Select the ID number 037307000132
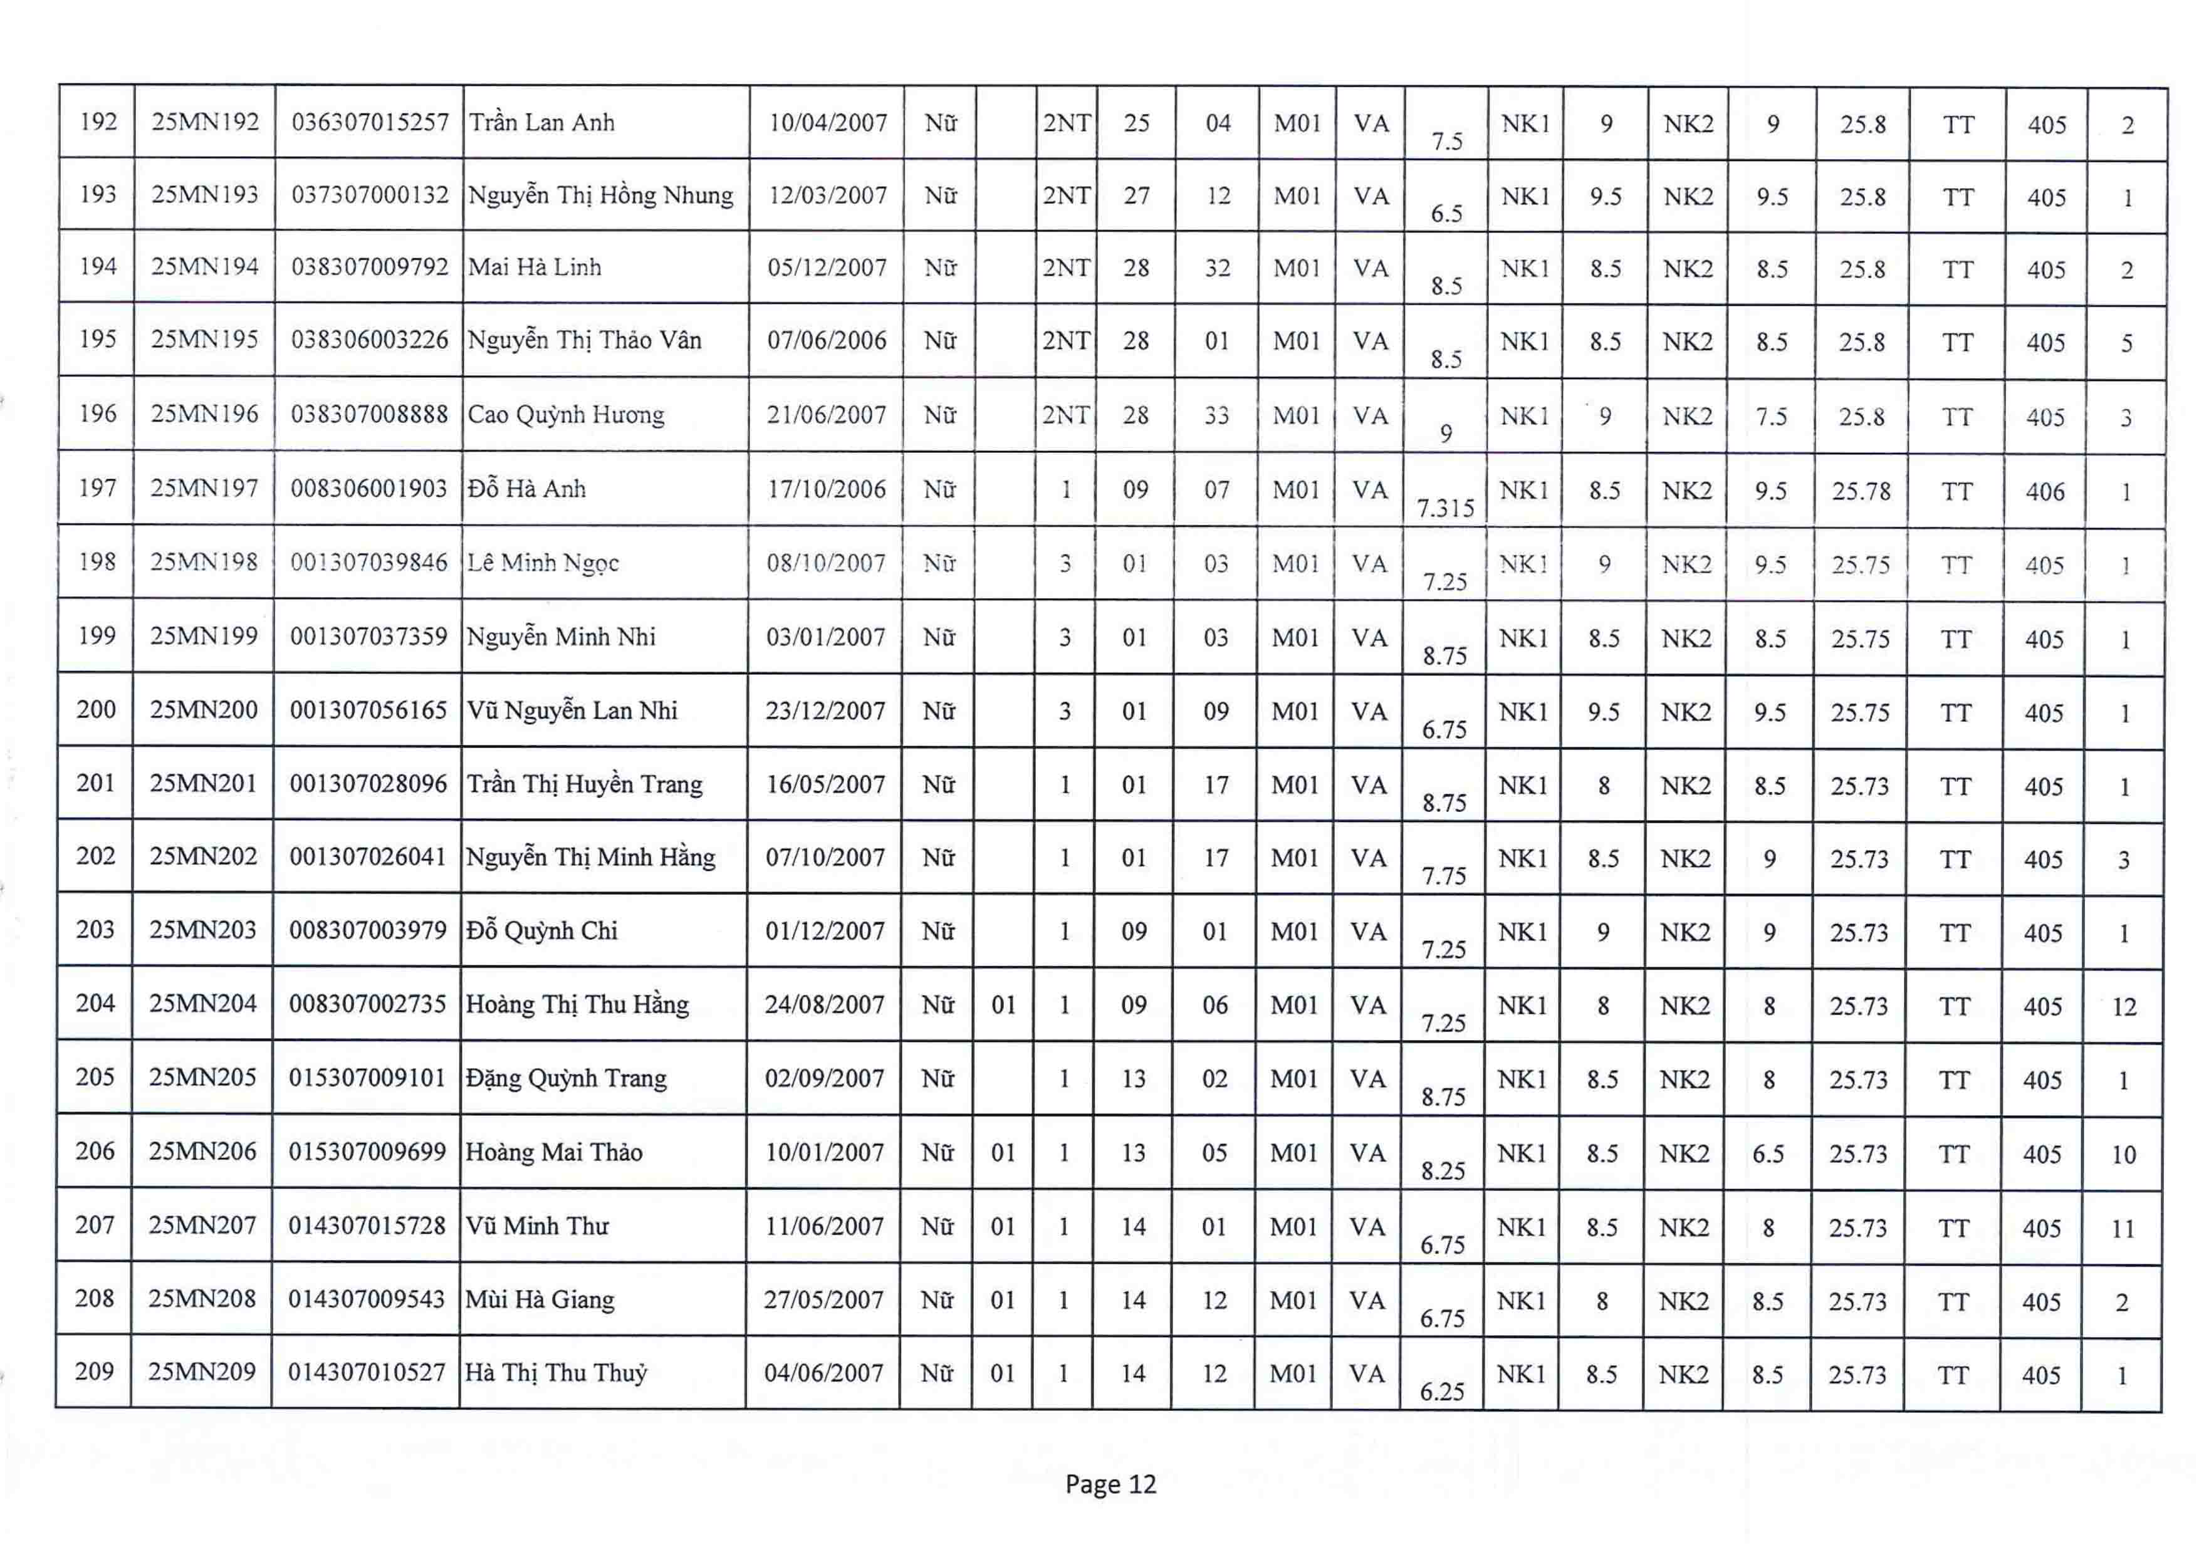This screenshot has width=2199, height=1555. (370, 195)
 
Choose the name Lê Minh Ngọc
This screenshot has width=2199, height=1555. (543, 563)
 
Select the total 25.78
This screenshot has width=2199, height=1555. (1861, 491)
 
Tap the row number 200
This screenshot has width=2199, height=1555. (96, 709)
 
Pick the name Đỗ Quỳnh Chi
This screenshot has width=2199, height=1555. (542, 931)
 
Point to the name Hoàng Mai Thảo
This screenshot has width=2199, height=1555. (553, 1152)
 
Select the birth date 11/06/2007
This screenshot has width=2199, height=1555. (823, 1227)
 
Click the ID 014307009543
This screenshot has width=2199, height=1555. (367, 1299)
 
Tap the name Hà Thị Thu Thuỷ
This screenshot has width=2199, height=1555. (556, 1373)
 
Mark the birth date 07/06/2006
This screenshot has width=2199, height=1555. (827, 341)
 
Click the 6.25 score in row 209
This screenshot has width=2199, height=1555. (1443, 1391)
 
